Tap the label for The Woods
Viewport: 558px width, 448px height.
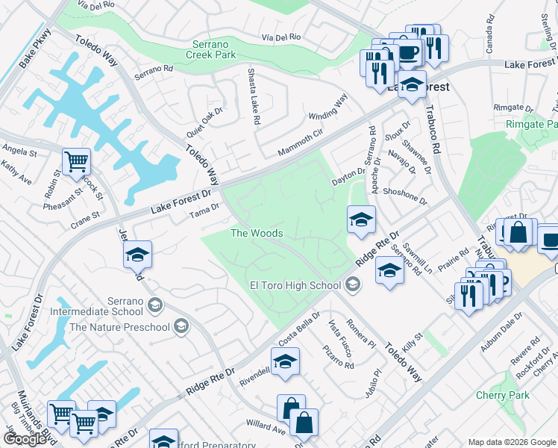click(257, 234)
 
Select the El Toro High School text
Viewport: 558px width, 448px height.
click(295, 284)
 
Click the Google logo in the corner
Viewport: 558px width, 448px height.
click(24, 439)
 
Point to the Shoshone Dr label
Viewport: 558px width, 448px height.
click(404, 196)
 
